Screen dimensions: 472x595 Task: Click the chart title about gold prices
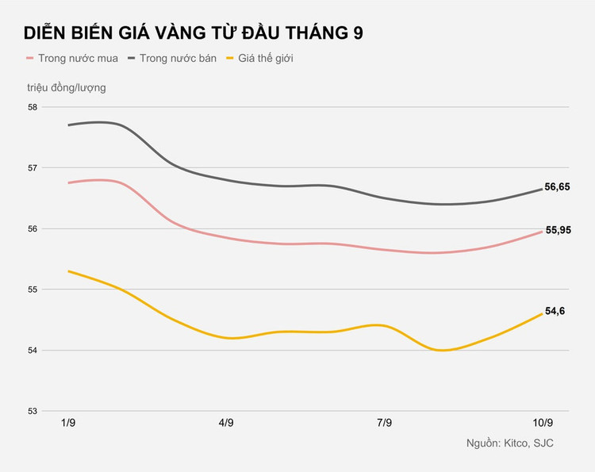194,33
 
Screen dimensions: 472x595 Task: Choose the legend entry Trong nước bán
184,59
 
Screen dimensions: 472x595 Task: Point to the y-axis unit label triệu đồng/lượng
66,87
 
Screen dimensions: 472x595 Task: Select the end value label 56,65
557,187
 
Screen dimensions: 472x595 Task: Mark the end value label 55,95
557,230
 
